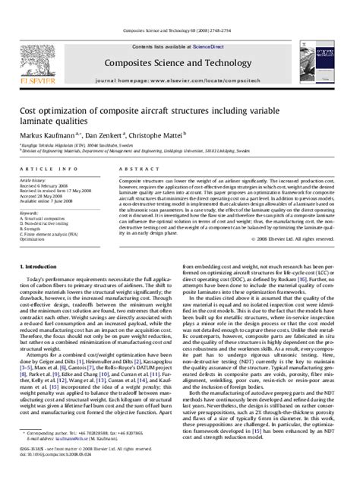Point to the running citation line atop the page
(180, 32)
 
